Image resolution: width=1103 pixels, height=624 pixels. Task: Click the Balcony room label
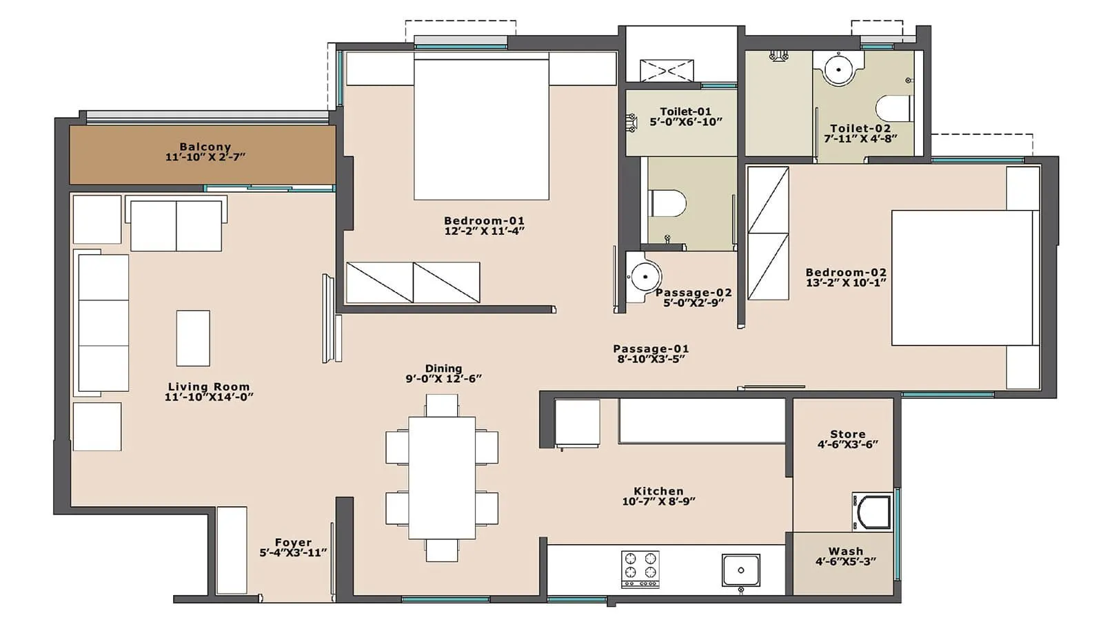point(205,147)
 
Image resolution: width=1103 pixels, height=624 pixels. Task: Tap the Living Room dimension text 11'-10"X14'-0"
point(209,397)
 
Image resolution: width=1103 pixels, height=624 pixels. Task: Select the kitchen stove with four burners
point(640,568)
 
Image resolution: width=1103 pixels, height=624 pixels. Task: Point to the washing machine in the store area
point(873,512)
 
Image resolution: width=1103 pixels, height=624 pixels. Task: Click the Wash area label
point(846,551)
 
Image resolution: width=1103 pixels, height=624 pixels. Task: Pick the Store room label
point(847,434)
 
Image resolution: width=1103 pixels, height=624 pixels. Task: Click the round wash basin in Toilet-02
point(838,69)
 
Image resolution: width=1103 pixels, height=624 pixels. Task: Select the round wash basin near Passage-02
point(644,277)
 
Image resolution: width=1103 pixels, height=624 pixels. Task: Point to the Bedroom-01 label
point(484,220)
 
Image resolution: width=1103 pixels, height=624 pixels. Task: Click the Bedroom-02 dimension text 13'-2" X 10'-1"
point(846,282)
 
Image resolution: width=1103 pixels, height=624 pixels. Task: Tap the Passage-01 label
point(651,349)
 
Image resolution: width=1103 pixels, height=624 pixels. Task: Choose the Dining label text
point(443,368)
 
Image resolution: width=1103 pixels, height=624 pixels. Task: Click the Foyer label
point(293,543)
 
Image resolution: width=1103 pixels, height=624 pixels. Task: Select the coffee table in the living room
point(193,337)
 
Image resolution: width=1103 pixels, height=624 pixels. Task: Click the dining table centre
point(442,477)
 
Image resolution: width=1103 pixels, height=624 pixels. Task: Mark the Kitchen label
point(658,491)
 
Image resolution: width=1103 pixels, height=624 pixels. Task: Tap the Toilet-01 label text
point(685,112)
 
